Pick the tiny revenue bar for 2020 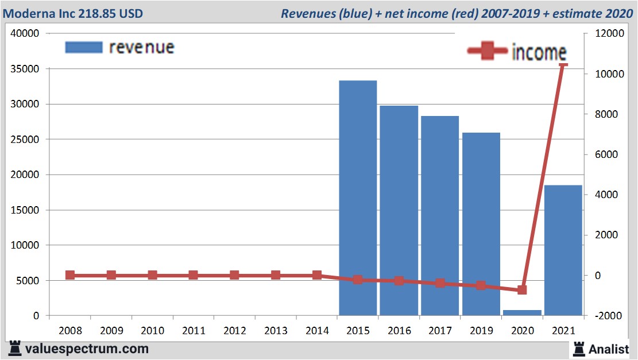pos(522,312)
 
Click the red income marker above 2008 pos(70,275)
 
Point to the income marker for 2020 pos(522,290)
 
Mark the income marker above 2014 pos(316,275)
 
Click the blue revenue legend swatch pos(84,47)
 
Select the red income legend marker pos(487,52)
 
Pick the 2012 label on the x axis pos(234,331)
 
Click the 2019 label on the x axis pos(481,331)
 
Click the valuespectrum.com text pos(87,349)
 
